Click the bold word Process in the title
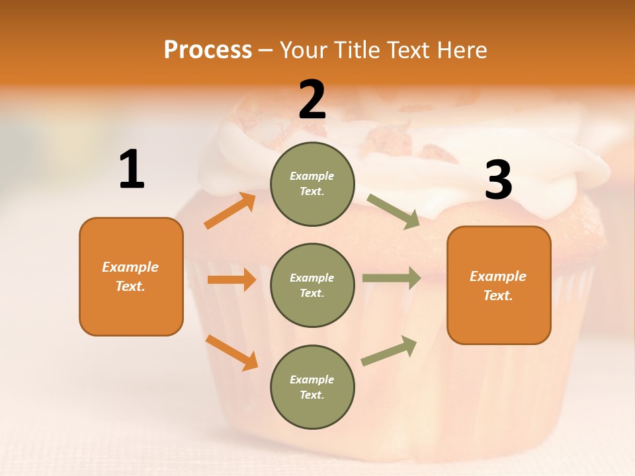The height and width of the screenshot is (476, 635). click(x=208, y=50)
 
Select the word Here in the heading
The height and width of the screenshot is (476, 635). click(x=461, y=50)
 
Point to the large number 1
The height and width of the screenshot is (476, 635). click(x=132, y=170)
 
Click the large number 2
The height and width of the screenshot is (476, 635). click(x=312, y=100)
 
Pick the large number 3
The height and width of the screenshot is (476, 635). click(x=498, y=181)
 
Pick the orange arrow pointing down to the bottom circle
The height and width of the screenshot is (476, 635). click(x=232, y=352)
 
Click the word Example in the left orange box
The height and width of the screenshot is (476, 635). click(x=130, y=267)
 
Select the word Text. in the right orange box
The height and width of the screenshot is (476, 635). click(x=498, y=296)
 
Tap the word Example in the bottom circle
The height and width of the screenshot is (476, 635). click(x=312, y=379)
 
